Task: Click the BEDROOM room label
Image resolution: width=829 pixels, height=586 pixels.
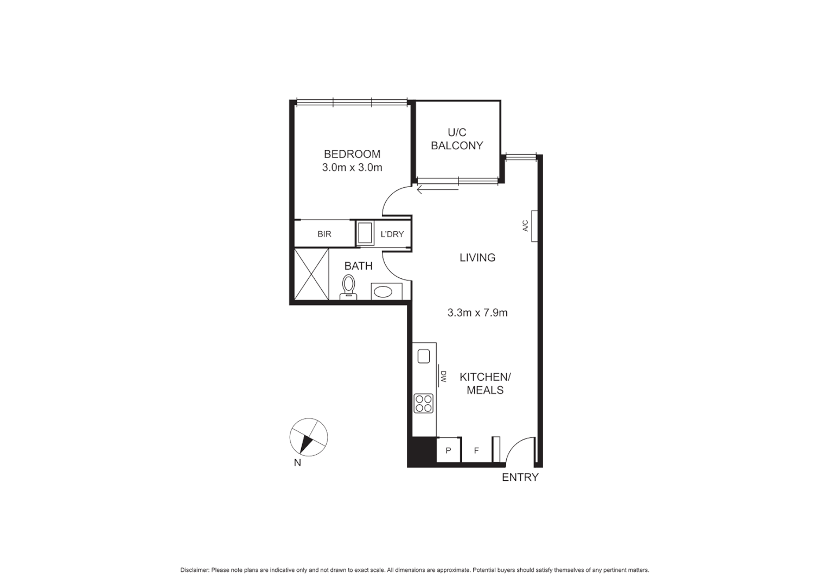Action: (x=352, y=154)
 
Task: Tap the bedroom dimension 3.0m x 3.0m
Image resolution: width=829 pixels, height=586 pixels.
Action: (x=352, y=168)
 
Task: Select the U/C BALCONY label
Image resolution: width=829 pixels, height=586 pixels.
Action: (x=457, y=139)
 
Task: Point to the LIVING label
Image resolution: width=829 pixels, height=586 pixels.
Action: (x=477, y=258)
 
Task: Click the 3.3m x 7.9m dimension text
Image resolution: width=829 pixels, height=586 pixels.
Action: (x=477, y=313)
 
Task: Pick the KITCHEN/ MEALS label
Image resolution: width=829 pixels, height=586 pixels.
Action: (x=485, y=384)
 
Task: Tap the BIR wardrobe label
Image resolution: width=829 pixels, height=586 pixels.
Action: (x=324, y=234)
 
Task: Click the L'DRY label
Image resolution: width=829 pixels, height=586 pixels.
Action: (x=392, y=234)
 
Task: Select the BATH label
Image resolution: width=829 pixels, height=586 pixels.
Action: (x=359, y=266)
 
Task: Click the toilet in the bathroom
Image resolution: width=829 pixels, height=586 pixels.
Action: (x=348, y=286)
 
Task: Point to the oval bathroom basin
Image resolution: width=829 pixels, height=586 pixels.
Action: (x=384, y=292)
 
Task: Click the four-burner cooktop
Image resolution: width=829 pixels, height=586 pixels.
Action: (x=424, y=403)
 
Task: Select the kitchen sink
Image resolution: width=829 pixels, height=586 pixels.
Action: (x=424, y=356)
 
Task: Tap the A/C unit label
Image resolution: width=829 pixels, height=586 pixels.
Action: (x=525, y=226)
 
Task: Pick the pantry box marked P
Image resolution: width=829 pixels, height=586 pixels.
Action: (x=449, y=450)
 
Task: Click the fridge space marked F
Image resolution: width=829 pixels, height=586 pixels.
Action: (x=476, y=450)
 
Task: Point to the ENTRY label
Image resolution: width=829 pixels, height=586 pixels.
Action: (x=520, y=477)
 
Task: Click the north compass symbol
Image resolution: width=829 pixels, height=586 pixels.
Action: (x=309, y=437)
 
